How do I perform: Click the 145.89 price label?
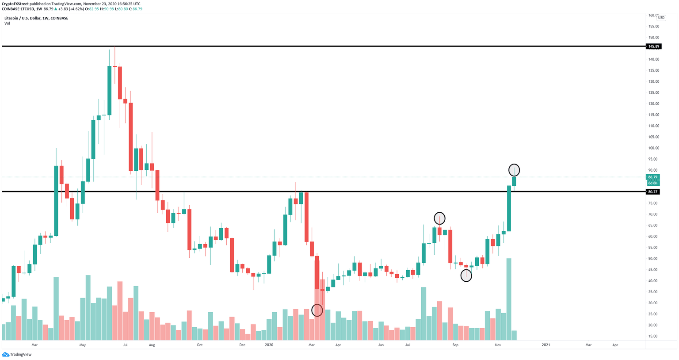click(653, 46)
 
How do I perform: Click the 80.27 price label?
click(652, 192)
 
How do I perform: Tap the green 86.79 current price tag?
click(652, 177)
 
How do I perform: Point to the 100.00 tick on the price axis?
click(653, 148)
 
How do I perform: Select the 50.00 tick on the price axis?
click(653, 259)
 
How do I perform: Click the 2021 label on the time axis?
click(546, 345)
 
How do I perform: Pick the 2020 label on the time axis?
click(270, 345)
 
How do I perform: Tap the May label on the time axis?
click(82, 345)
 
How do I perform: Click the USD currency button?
click(661, 18)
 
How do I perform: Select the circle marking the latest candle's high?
click(514, 170)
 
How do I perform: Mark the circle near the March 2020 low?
click(317, 310)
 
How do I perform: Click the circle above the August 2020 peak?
click(439, 218)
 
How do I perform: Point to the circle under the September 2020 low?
click(466, 276)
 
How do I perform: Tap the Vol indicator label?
click(7, 23)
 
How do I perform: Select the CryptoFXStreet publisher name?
click(16, 4)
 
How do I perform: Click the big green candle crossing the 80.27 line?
click(509, 208)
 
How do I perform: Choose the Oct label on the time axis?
click(200, 345)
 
